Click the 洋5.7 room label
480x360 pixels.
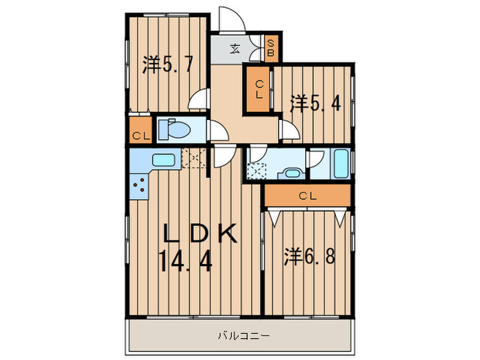click(167, 65)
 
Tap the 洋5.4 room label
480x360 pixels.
click(313, 104)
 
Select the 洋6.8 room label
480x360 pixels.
click(309, 257)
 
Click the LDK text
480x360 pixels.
click(199, 234)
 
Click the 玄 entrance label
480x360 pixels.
click(235, 48)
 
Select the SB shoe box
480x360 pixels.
click(271, 48)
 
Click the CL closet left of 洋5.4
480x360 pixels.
click(259, 90)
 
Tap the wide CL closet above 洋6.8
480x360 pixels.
click(307, 196)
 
